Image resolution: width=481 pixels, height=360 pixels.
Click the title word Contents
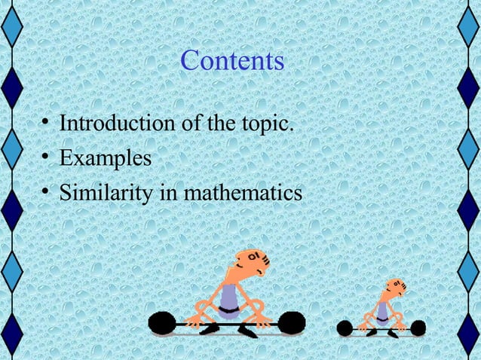pos(232,61)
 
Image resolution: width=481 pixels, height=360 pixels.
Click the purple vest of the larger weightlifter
pos(228,299)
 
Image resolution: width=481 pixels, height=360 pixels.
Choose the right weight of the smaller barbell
pos(418,328)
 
